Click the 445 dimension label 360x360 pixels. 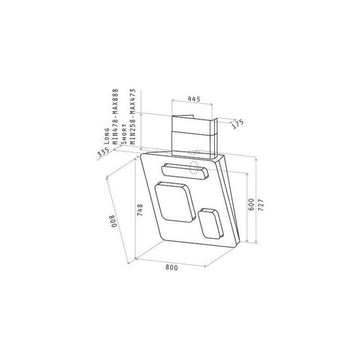coord(194,99)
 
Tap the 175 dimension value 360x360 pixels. coord(238,124)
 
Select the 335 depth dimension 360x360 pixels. coord(103,152)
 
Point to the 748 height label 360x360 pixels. coord(140,210)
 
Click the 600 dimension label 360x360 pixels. coord(251,204)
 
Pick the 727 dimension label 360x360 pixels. coord(261,204)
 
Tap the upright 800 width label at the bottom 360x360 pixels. coord(172,267)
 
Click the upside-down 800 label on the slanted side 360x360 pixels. coord(114,221)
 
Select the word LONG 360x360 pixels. coord(106,136)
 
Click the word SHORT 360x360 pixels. coord(124,134)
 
